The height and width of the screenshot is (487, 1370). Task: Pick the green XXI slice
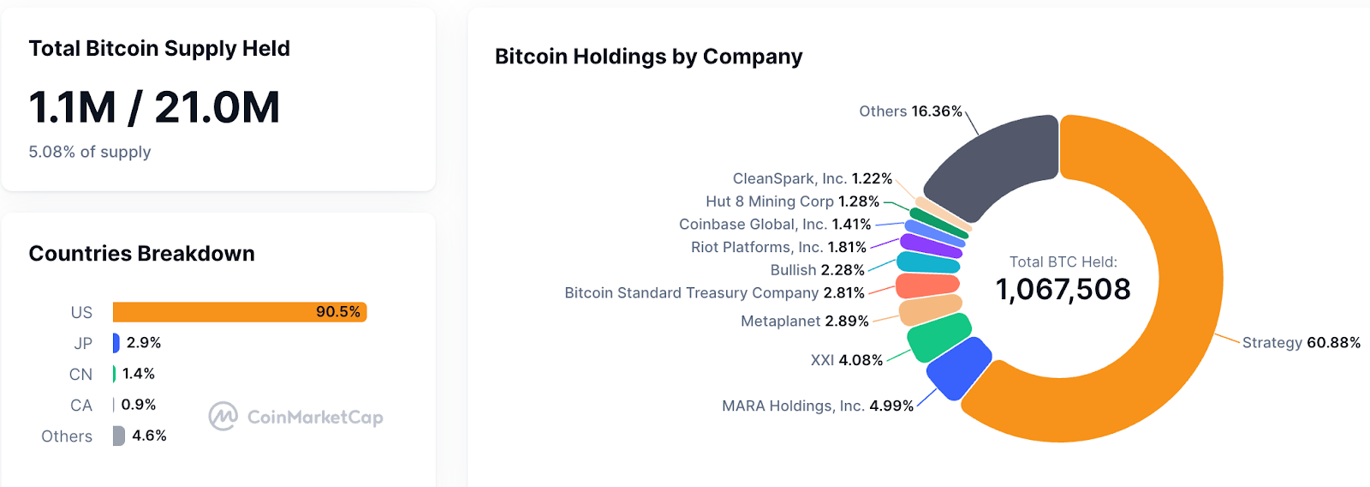point(938,337)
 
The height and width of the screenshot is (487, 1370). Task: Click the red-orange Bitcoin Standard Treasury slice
point(927,285)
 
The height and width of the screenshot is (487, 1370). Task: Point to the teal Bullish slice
point(928,262)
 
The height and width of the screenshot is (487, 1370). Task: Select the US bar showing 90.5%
point(240,312)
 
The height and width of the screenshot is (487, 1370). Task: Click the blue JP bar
point(116,343)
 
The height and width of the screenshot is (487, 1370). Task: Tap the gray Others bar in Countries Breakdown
point(118,436)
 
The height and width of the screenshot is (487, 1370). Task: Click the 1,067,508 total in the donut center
point(1063,290)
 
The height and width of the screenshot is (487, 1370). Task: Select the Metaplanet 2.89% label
point(804,322)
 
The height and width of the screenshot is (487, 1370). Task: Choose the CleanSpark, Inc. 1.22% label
point(812,178)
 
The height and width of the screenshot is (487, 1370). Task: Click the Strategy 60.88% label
point(1301,343)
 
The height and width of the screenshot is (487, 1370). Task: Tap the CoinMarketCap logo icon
point(223,417)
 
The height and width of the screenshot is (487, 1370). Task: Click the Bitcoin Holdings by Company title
point(648,57)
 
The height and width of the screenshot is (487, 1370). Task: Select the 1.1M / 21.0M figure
point(154,108)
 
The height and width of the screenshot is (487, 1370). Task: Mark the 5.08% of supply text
point(90,152)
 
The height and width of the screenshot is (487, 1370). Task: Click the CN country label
point(80,375)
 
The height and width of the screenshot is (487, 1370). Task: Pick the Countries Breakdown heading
point(141,254)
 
